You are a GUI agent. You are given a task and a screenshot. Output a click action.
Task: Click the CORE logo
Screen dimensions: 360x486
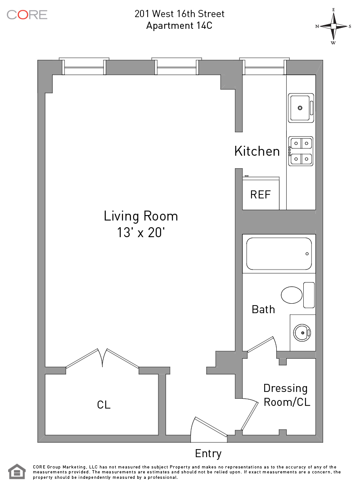(27, 14)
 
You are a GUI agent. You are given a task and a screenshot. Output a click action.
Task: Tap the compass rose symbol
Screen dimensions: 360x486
(333, 27)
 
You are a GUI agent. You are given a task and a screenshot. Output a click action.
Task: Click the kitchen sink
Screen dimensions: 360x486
(301, 108)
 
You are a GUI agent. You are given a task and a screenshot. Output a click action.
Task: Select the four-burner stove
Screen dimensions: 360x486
(301, 151)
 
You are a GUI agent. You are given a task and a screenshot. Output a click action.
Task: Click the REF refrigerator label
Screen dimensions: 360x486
(261, 195)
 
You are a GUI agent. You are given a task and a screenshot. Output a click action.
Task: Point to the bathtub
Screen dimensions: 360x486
(279, 254)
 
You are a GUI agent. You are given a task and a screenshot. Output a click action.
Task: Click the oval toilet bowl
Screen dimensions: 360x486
(292, 295)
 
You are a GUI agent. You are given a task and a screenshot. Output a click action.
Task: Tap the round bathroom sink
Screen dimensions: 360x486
(302, 333)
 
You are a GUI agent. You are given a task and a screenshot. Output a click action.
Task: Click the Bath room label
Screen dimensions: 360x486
(263, 309)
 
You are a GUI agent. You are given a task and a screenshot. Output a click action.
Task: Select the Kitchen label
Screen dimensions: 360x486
(257, 151)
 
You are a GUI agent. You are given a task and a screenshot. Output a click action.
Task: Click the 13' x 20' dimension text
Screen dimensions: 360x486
(140, 233)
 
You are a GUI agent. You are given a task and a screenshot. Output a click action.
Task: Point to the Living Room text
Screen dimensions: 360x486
(141, 216)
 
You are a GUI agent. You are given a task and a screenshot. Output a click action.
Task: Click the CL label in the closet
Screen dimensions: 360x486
(103, 405)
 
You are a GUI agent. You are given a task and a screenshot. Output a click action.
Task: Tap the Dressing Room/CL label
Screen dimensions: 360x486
(286, 395)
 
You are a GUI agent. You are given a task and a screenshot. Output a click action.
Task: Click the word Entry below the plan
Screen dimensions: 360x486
(208, 454)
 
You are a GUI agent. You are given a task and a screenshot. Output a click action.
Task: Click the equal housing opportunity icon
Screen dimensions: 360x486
(17, 472)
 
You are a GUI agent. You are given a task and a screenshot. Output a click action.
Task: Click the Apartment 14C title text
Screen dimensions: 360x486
(179, 25)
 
